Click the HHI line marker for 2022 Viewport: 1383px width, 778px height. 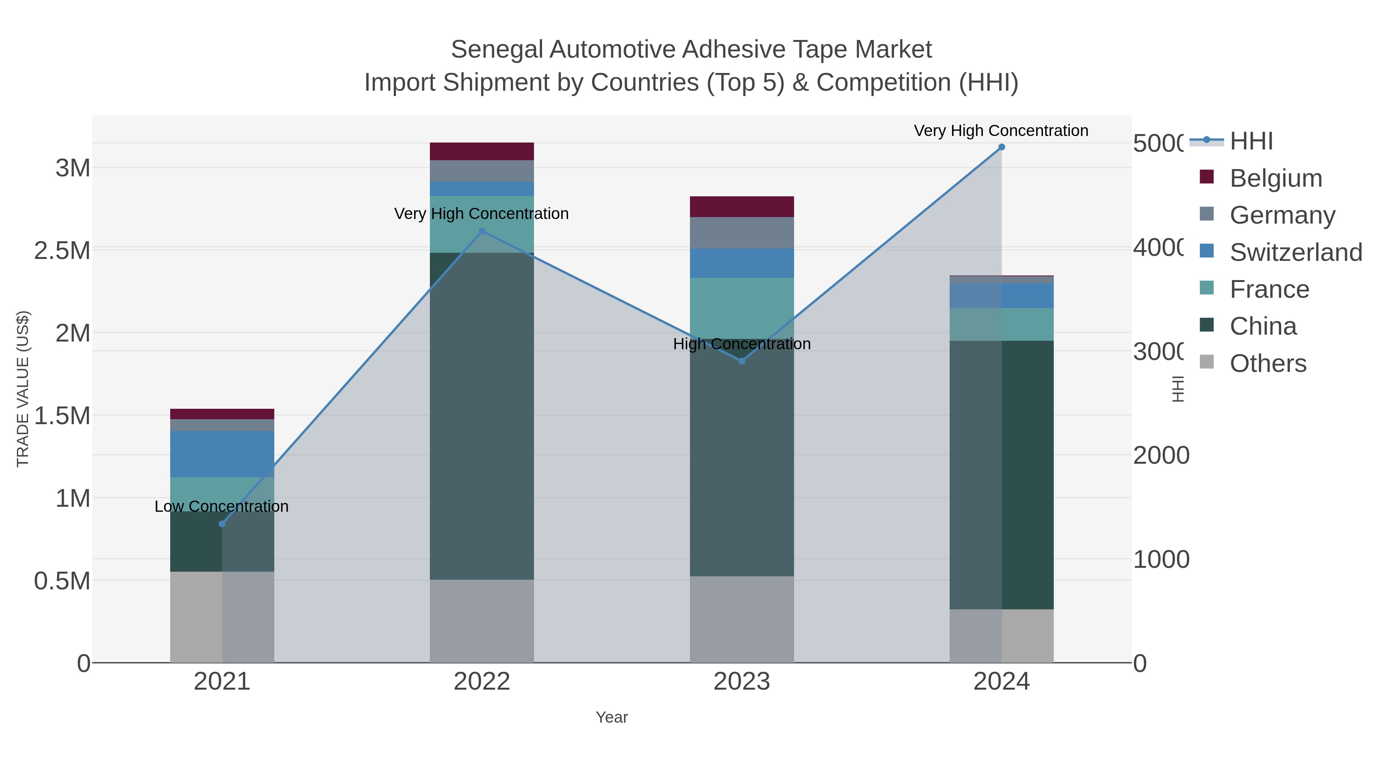click(482, 231)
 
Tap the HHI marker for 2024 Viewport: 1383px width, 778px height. click(1001, 147)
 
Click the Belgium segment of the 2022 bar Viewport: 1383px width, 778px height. click(482, 151)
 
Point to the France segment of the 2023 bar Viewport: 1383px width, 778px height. click(742, 308)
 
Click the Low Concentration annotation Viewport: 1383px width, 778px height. click(221, 506)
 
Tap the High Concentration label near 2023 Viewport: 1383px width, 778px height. click(742, 343)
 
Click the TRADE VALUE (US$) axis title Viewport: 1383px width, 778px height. click(23, 389)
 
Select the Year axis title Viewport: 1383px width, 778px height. click(612, 717)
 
